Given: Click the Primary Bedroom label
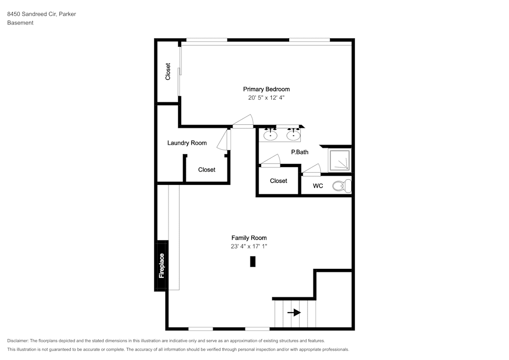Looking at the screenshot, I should [x=266, y=89].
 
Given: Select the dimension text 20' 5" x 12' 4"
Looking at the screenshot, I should [x=266, y=98].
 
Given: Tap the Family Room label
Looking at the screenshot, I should [x=249, y=238].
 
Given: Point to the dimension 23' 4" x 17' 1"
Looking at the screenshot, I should [x=249, y=246].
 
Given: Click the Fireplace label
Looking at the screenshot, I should [x=161, y=265].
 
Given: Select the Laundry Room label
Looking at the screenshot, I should [x=187, y=143].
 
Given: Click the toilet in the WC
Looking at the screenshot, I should [x=342, y=186].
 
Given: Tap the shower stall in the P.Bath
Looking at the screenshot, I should [x=340, y=160].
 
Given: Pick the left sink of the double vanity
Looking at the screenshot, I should [x=270, y=135].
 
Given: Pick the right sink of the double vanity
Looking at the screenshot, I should [x=293, y=135].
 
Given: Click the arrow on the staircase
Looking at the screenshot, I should [x=294, y=313].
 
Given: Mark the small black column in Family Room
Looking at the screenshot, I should [x=252, y=261].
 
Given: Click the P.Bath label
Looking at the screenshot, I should [x=300, y=152].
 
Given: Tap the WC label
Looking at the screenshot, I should [x=318, y=186].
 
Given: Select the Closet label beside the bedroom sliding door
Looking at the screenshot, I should [x=168, y=71].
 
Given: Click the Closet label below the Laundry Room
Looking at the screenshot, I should [x=207, y=170].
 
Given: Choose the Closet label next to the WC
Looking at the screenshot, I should [x=278, y=181].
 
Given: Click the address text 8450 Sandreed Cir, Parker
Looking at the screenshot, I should [x=42, y=14].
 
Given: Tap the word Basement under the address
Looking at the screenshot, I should [x=20, y=23].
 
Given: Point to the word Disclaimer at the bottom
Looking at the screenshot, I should [x=18, y=341].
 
